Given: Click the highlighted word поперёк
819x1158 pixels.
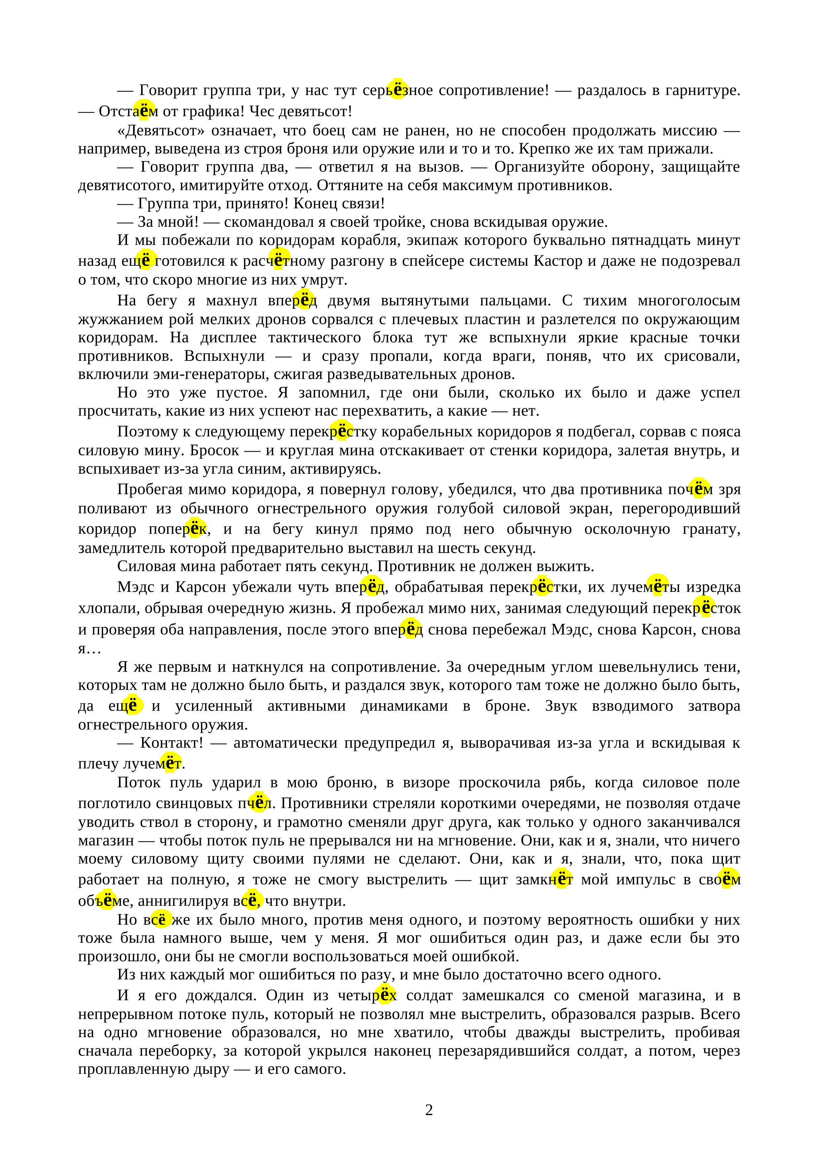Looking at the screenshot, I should pos(178,529).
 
